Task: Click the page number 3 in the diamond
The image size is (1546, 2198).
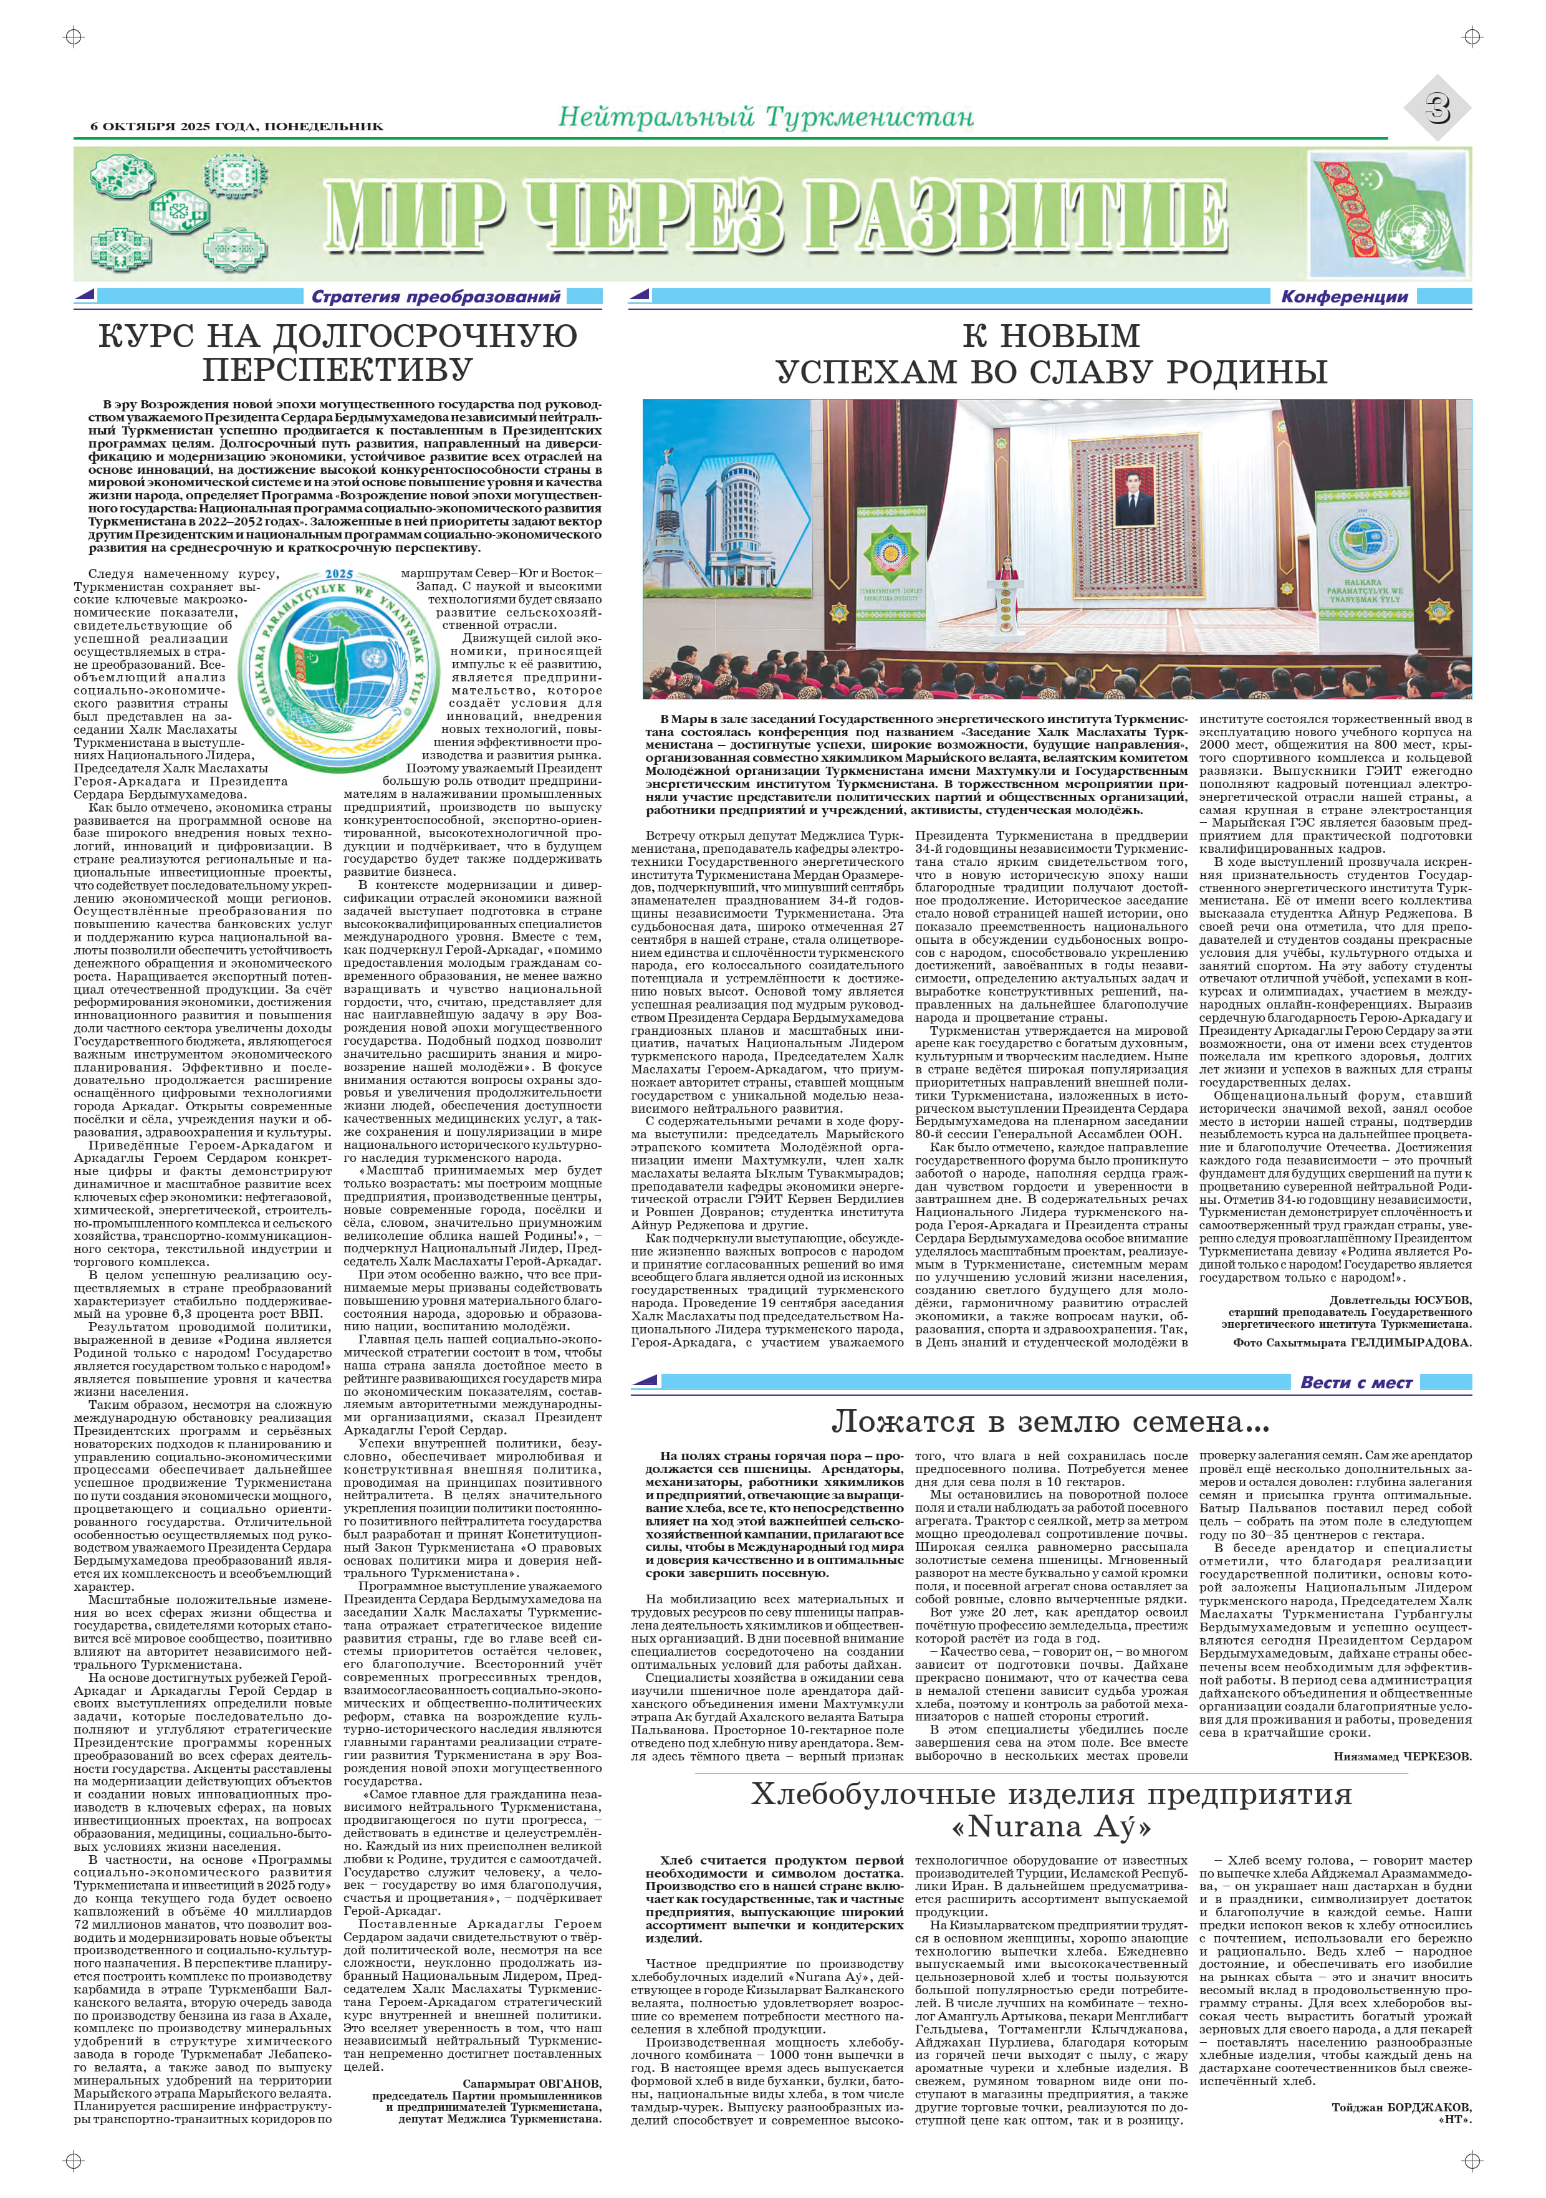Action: (x=1437, y=109)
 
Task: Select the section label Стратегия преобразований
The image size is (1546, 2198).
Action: (x=436, y=297)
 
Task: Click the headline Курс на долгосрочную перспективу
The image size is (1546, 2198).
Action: (x=338, y=352)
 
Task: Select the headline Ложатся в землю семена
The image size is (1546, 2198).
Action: (x=1050, y=1422)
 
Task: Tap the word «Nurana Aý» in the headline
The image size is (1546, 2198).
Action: (x=1050, y=1826)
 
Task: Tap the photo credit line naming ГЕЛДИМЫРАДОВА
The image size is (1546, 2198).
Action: (x=1352, y=1342)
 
